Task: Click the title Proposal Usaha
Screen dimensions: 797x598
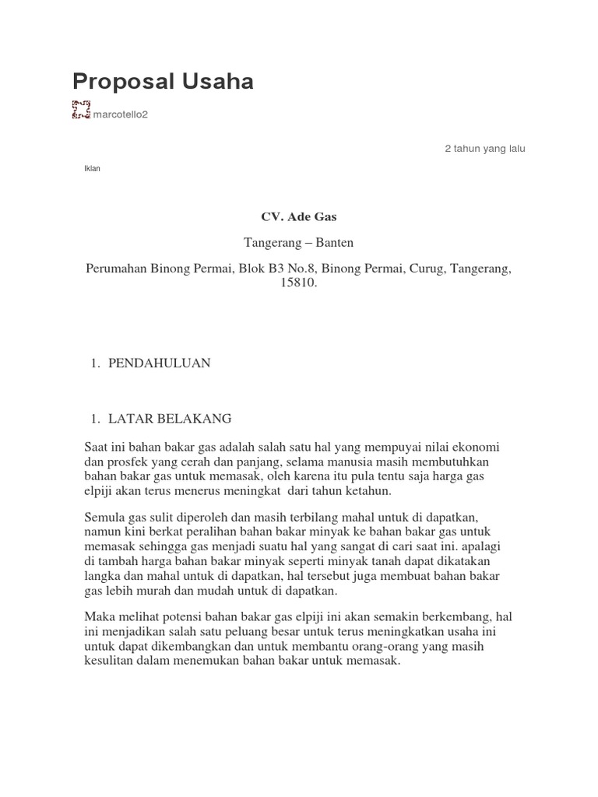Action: pyautogui.click(x=163, y=82)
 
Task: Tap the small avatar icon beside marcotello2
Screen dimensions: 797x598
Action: pyautogui.click(x=81, y=111)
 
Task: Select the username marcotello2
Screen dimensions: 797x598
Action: pyautogui.click(x=120, y=115)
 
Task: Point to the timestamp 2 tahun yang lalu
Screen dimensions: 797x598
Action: pyautogui.click(x=484, y=149)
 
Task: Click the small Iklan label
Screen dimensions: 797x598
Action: pyautogui.click(x=92, y=169)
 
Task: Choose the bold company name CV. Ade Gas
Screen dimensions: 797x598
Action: pyautogui.click(x=298, y=217)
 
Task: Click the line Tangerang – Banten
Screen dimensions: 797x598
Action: pyautogui.click(x=299, y=243)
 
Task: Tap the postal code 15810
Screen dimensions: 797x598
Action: pyautogui.click(x=298, y=283)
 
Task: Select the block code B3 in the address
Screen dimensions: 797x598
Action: pyautogui.click(x=278, y=269)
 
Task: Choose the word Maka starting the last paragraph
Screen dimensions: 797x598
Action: pyautogui.click(x=99, y=617)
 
